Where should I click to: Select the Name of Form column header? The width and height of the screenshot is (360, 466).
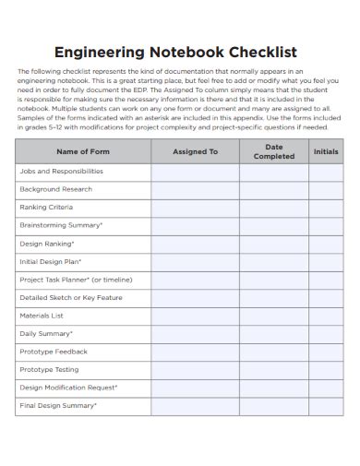coord(83,151)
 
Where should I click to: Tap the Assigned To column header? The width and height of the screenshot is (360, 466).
coord(196,151)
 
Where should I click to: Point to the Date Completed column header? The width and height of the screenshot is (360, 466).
coord(274,151)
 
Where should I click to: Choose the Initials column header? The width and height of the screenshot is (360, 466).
coord(326,151)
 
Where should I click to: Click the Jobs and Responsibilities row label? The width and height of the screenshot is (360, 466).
coord(61,172)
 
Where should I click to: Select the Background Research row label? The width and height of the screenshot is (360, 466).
coord(56,189)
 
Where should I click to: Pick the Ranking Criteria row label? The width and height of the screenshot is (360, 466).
coord(46,208)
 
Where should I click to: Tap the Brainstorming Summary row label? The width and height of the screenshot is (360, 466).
coord(61,225)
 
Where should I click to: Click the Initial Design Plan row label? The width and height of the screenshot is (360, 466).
coord(52,261)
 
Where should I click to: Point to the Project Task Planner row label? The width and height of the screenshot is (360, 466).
coord(69,280)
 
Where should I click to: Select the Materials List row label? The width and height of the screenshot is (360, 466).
coord(42,316)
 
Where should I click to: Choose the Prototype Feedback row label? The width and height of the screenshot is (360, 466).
coord(54,352)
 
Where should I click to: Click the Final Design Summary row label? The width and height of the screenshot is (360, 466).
coord(58,405)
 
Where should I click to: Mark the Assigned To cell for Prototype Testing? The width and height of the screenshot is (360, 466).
coord(196,369)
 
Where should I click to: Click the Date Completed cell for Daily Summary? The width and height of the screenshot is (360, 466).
coord(274,333)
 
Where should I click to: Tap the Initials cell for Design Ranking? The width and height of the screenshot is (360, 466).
coord(326,244)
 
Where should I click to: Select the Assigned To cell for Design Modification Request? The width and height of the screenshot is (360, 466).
coord(196,388)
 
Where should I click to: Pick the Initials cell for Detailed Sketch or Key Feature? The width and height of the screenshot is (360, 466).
coord(326,297)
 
